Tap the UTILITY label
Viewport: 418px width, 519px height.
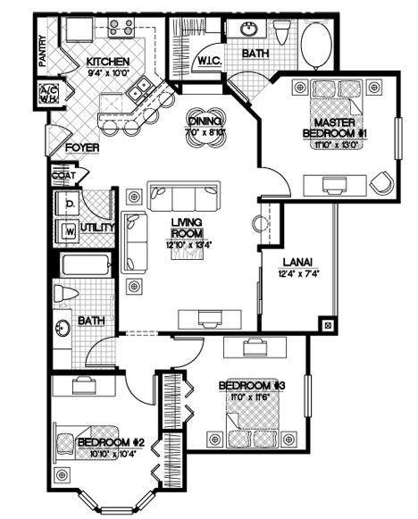tap(97, 228)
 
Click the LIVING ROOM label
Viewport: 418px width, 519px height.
tap(187, 227)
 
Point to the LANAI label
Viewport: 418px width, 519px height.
tap(297, 262)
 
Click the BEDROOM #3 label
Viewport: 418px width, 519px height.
tap(251, 385)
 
